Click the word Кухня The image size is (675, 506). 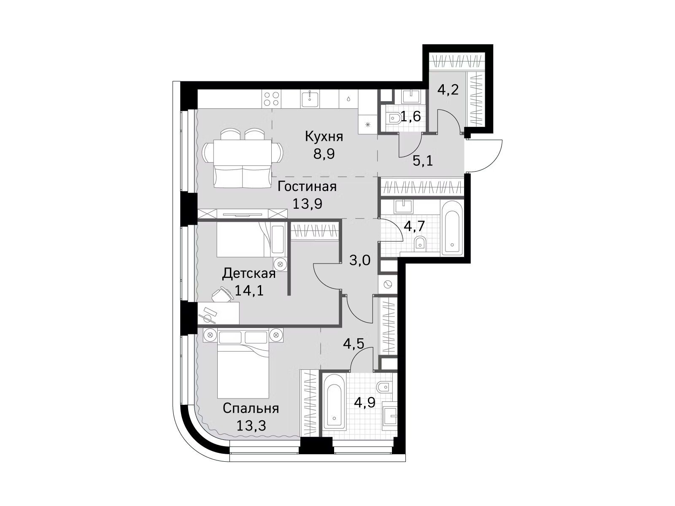pyautogui.click(x=324, y=136)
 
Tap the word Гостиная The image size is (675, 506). pyautogui.click(x=307, y=186)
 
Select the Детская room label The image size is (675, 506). pyautogui.click(x=249, y=273)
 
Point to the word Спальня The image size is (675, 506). pyautogui.click(x=251, y=409)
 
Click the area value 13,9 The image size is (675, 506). pyautogui.click(x=307, y=204)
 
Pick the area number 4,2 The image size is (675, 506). pyautogui.click(x=448, y=90)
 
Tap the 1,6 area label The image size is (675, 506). pyautogui.click(x=410, y=117)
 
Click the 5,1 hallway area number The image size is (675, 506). pyautogui.click(x=423, y=161)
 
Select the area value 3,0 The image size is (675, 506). pyautogui.click(x=360, y=261)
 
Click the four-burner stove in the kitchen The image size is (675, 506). pyautogui.click(x=272, y=99)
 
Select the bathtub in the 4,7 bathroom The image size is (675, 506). pyautogui.click(x=452, y=228)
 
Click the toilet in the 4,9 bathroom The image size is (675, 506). pyautogui.click(x=385, y=388)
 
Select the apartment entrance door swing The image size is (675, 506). pyautogui.click(x=484, y=156)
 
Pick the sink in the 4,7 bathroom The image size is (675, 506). pyautogui.click(x=403, y=206)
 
